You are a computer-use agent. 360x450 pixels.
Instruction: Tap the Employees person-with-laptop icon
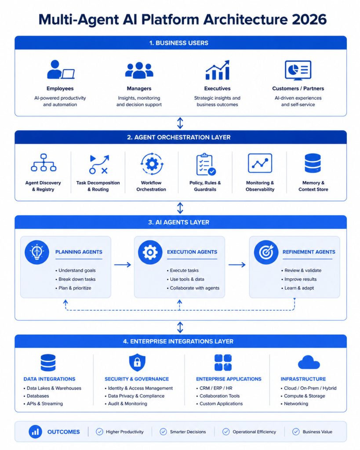pos(61,69)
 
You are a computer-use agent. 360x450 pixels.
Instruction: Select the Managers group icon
pos(139,70)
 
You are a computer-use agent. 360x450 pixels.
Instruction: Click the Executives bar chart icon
pos(218,70)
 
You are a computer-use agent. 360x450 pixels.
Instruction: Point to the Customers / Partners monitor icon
pos(298,70)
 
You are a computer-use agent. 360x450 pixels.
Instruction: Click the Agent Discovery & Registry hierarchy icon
pos(44,163)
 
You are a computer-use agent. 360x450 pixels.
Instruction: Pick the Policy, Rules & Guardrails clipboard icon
pos(206,164)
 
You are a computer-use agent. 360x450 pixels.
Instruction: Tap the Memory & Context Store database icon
pos(313,163)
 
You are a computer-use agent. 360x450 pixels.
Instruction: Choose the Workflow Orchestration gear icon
pos(152,164)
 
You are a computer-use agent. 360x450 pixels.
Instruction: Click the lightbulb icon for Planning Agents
pos(37,252)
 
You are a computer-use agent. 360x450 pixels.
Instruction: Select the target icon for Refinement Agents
pos(266,252)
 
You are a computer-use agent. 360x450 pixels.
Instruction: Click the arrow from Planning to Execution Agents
pos(123,264)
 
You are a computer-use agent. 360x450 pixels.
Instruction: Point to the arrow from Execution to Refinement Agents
pos(237,264)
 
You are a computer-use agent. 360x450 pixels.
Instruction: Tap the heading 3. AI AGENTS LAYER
pos(178,222)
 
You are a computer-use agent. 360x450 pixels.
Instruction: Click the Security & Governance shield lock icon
pos(137,363)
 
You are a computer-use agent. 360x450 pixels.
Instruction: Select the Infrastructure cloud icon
pos(309,362)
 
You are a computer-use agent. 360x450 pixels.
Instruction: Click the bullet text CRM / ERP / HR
pos(216,388)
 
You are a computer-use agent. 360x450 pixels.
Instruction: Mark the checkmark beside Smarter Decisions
pos(164,432)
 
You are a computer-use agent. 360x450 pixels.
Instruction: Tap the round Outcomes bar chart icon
pos(35,432)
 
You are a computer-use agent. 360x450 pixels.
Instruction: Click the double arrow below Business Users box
pos(180,123)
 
